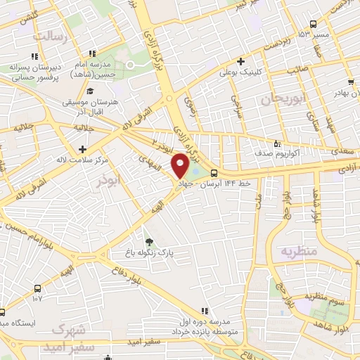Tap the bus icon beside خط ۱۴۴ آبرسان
pyautogui.click(x=214, y=174)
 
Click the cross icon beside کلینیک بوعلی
pyautogui.click(x=240, y=62)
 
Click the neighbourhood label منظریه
pyautogui.click(x=300, y=251)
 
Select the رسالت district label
pyautogui.click(x=53, y=35)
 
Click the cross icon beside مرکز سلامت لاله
pyautogui.click(x=84, y=148)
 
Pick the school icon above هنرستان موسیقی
pyautogui.click(x=90, y=91)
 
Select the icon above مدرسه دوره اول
pyautogui.click(x=204, y=310)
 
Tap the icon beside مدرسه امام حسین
pyautogui.click(x=91, y=53)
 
